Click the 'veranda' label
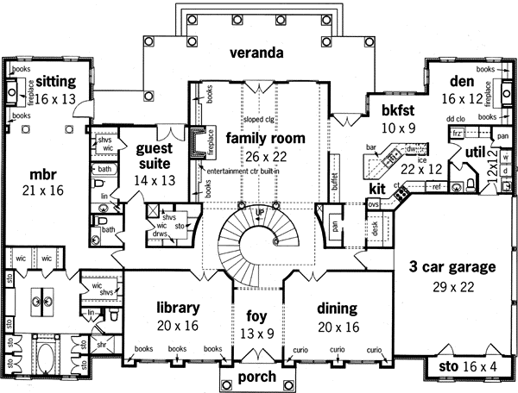[x=256, y=53]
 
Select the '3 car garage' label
[x=452, y=267]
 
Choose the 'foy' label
[x=256, y=315]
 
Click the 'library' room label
[x=179, y=308]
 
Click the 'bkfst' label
[x=388, y=110]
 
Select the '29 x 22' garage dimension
[x=452, y=284]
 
